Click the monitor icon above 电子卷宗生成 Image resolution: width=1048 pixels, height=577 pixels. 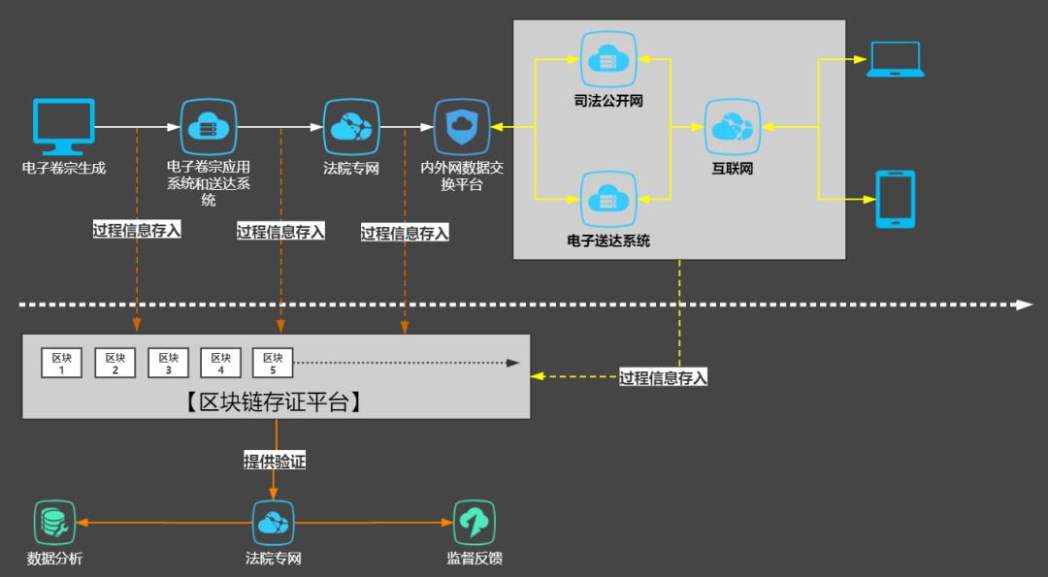(x=64, y=126)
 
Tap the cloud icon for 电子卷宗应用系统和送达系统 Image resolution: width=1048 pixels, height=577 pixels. (x=209, y=126)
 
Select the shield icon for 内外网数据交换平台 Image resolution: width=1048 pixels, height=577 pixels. (x=462, y=126)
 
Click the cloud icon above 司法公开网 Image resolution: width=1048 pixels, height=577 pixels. (x=607, y=60)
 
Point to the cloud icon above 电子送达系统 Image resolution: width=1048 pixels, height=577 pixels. (x=607, y=200)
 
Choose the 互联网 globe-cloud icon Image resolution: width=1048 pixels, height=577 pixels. (x=733, y=127)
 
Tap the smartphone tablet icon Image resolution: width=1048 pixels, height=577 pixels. (x=895, y=200)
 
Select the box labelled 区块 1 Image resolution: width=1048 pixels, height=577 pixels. (x=62, y=363)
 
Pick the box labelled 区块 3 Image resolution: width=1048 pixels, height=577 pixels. (x=168, y=363)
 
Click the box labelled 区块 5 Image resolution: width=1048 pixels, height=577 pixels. (x=273, y=363)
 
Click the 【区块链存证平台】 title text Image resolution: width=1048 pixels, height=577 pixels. (x=276, y=401)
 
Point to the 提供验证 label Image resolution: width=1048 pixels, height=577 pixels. (x=275, y=462)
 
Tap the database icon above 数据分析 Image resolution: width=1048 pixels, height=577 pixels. (x=54, y=523)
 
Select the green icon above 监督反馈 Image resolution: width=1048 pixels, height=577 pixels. (x=475, y=523)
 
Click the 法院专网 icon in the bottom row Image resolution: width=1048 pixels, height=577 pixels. (x=274, y=523)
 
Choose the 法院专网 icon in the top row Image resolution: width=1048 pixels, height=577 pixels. (x=351, y=126)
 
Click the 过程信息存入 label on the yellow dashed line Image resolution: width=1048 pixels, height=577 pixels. (x=664, y=377)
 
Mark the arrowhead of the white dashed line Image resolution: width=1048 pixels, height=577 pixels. (x=1025, y=305)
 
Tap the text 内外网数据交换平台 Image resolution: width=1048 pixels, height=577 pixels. (x=462, y=176)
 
